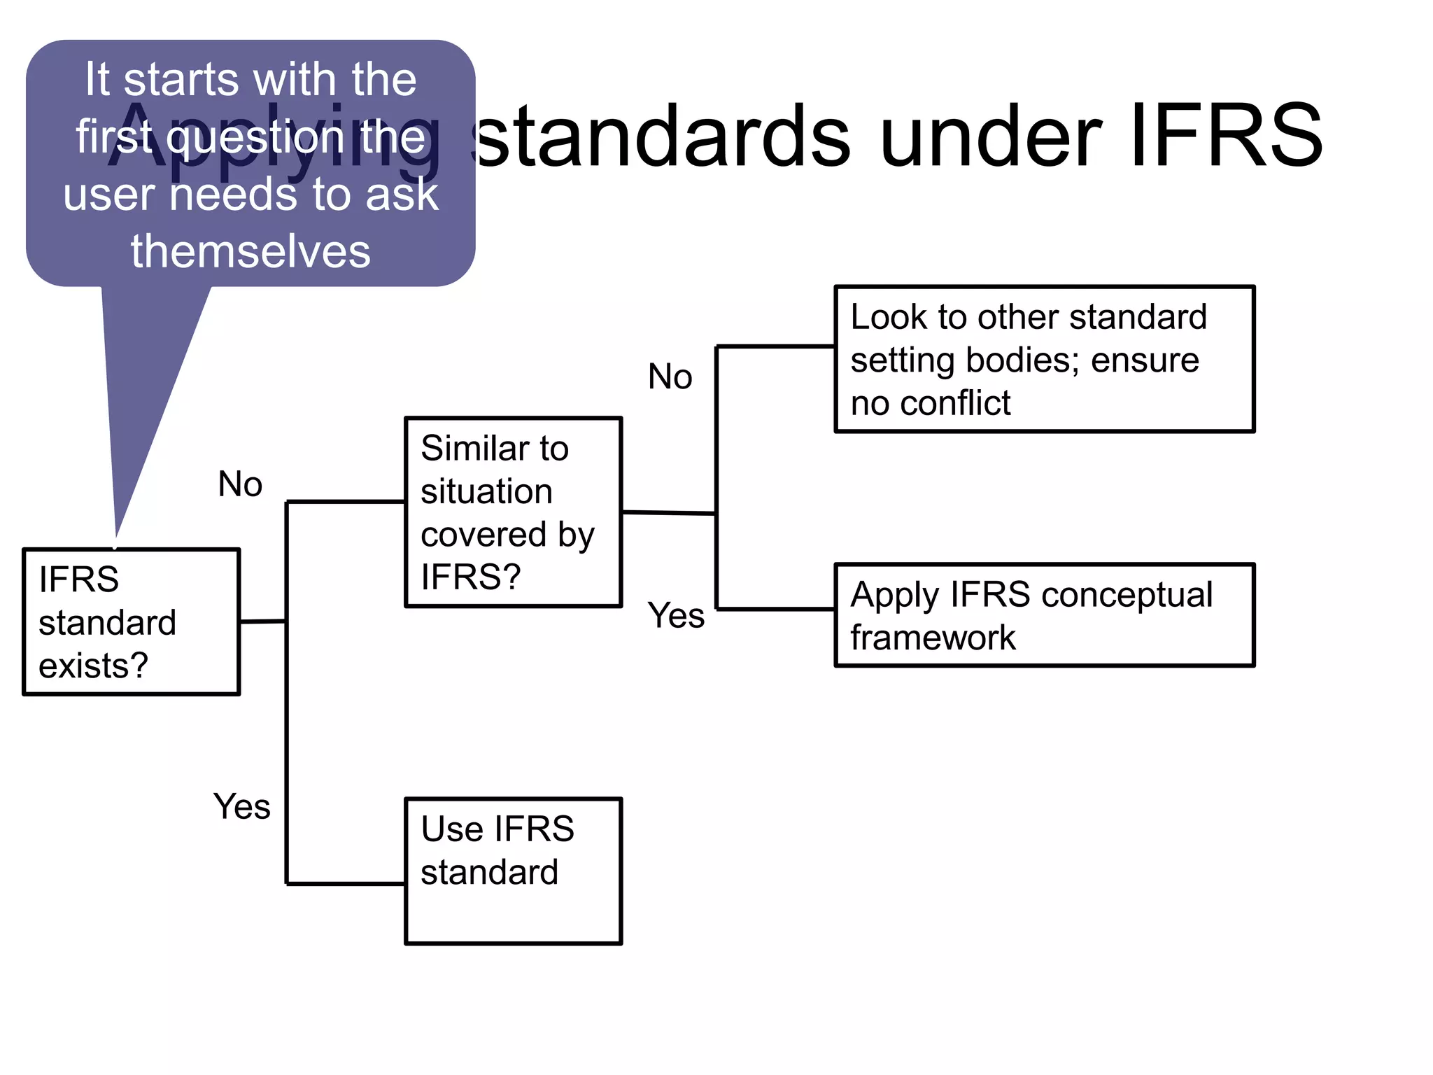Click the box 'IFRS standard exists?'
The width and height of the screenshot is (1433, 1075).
[132, 621]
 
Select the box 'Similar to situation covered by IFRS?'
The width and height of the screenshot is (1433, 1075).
[513, 512]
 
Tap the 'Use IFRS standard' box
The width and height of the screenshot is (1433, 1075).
[513, 871]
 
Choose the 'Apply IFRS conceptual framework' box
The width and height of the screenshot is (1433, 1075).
[1044, 615]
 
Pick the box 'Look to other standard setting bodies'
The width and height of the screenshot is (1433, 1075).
[1044, 359]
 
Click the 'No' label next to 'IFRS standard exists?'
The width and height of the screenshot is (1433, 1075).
[240, 484]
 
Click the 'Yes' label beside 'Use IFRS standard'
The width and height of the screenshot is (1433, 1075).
[241, 806]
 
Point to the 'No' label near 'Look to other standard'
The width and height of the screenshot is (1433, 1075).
[670, 377]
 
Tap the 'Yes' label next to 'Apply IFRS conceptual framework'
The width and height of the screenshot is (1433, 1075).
[676, 616]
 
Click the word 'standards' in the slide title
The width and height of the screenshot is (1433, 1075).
[661, 136]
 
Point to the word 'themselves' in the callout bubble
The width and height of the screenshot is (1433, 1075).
[250, 251]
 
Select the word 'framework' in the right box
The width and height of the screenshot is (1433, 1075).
[933, 638]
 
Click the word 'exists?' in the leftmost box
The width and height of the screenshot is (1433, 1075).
[93, 666]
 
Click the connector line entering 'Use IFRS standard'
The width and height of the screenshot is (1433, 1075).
[346, 884]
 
